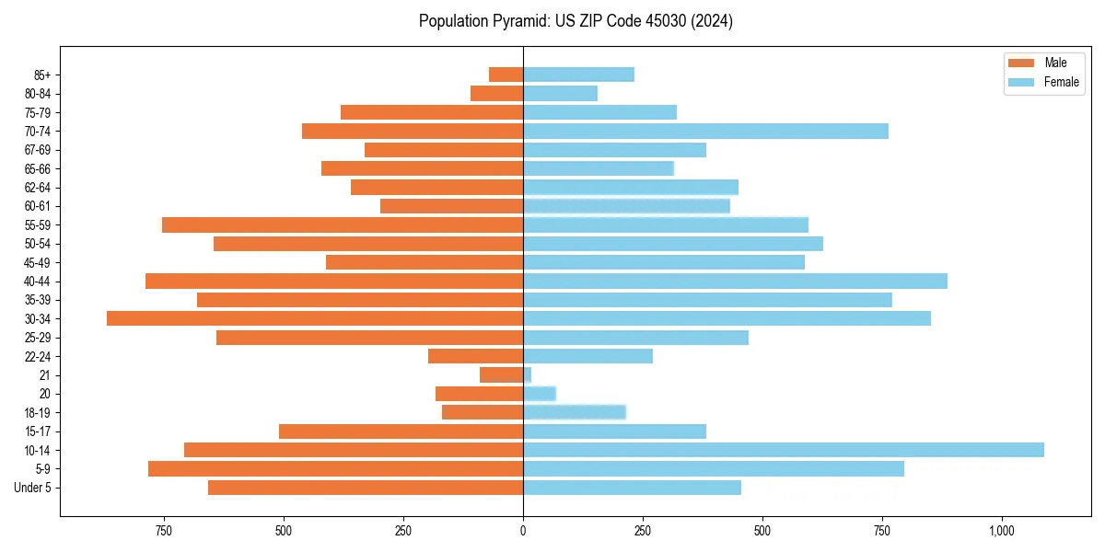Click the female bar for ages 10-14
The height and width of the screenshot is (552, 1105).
coord(783,450)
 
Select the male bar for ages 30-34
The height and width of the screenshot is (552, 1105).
coord(315,318)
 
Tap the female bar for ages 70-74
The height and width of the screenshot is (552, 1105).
coord(705,132)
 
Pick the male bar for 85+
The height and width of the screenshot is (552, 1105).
coord(506,75)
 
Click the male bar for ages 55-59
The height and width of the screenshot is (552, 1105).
coord(343,224)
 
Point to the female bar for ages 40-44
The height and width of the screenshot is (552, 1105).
coord(735,281)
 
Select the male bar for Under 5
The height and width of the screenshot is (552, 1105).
coord(366,488)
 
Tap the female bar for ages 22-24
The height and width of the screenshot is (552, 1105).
coord(587,356)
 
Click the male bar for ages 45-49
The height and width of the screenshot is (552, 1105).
coord(425,262)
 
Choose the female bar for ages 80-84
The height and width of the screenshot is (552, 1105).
coord(560,94)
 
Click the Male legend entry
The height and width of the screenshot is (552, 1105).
coord(1043,63)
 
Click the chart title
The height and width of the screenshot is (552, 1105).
coord(576,21)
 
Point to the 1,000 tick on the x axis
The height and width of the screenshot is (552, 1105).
coord(1002,531)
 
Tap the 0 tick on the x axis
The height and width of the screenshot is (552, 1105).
coord(523,531)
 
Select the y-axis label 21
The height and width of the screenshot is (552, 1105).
coord(44,375)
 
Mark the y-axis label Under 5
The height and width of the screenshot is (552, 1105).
coord(32,488)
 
